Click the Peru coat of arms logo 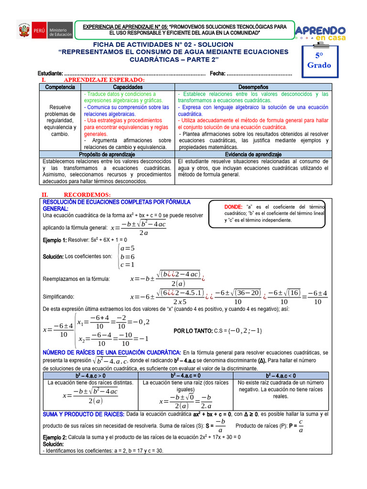(24, 31)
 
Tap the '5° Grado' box (319, 61)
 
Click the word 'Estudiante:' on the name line (50, 73)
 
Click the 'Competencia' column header (60, 87)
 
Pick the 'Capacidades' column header (128, 87)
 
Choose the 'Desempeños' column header (253, 87)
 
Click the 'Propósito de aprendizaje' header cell (107, 155)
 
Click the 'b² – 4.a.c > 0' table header (89, 376)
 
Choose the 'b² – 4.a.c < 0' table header (281, 376)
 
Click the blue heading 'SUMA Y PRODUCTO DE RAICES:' (84, 414)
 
